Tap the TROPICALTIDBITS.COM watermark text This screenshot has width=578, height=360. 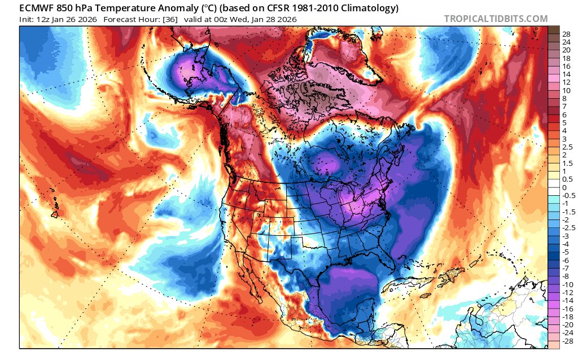point(496,19)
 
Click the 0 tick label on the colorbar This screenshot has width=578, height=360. point(564,188)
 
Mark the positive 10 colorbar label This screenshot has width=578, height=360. point(566,90)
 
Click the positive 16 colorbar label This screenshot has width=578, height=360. point(566,66)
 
